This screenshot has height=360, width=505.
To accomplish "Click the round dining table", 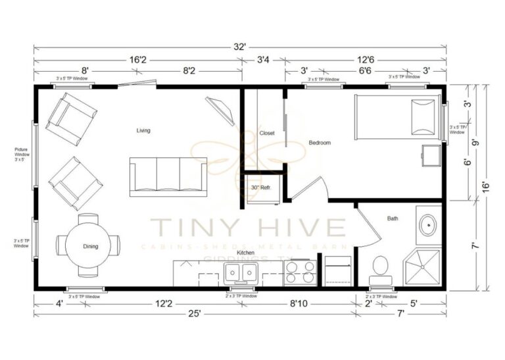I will tap(90, 246).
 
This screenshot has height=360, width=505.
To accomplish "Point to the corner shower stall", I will tap(422, 267).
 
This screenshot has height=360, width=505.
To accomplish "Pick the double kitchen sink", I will tap(241, 272).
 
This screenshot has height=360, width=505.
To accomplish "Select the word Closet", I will tap(267, 133).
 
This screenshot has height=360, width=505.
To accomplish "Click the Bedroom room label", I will tap(320, 143).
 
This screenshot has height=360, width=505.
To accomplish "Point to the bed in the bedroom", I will tap(396, 116).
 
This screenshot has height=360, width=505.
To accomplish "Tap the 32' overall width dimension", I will tap(239, 47).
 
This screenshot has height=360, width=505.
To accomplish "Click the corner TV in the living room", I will tap(222, 110).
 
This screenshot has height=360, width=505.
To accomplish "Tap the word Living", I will tap(143, 130).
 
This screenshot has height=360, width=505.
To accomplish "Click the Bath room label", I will tap(393, 219).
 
